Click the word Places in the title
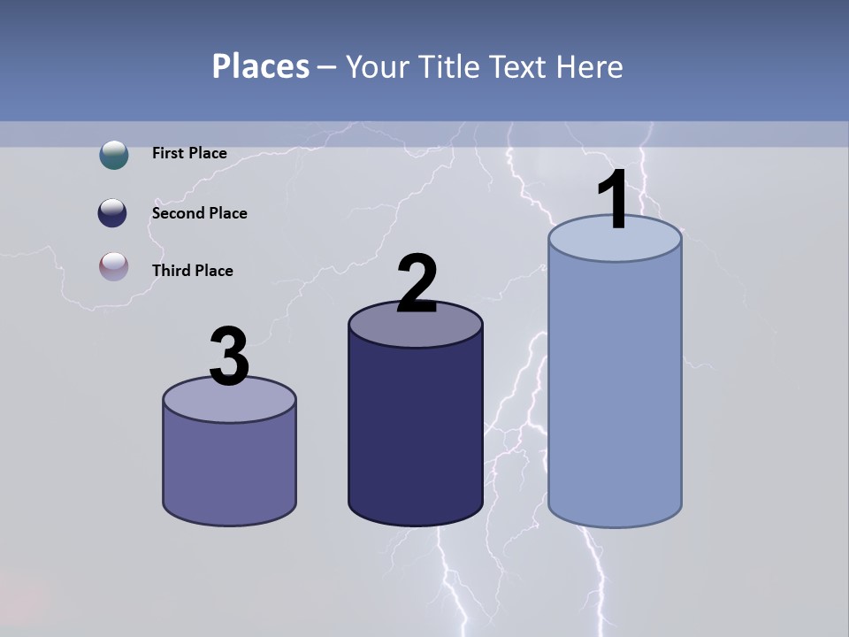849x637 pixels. [x=260, y=66]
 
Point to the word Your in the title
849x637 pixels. [x=378, y=66]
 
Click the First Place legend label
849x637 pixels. [x=189, y=153]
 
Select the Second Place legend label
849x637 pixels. [x=199, y=213]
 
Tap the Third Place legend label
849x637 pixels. [x=192, y=271]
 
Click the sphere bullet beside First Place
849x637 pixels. [x=114, y=155]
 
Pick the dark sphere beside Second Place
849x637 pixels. [x=114, y=213]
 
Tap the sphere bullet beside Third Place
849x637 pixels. [x=114, y=266]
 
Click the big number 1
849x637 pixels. [x=612, y=200]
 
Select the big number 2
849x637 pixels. [x=417, y=284]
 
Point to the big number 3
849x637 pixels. [x=229, y=357]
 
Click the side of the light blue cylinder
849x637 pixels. [x=615, y=389]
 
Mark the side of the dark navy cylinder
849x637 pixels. [x=416, y=434]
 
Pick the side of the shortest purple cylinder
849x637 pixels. [x=229, y=469]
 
